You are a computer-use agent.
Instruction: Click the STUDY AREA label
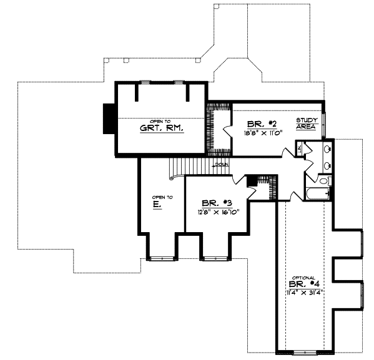pyautogui.click(x=307, y=123)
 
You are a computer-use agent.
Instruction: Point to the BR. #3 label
pyautogui.click(x=215, y=203)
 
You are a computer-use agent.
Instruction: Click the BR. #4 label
pyautogui.click(x=306, y=285)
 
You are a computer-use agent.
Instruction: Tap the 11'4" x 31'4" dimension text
pyautogui.click(x=305, y=293)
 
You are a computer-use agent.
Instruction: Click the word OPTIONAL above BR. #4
pyautogui.click(x=305, y=277)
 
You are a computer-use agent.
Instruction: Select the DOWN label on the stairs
pyautogui.click(x=220, y=165)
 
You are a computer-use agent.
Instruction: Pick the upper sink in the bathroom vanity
pyautogui.click(x=327, y=150)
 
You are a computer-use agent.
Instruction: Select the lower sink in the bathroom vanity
pyautogui.click(x=327, y=166)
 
